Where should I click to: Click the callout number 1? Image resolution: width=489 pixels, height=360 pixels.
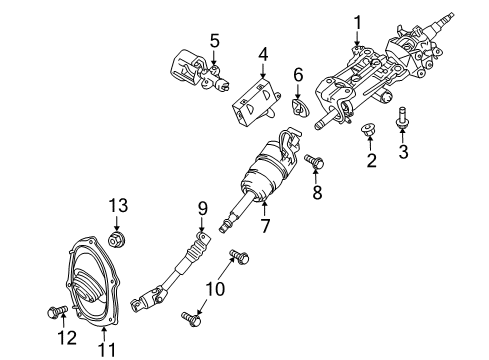click(x=357, y=23)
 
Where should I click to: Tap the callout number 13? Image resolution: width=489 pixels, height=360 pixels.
click(x=118, y=205)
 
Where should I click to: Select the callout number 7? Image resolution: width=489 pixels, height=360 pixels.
click(x=265, y=226)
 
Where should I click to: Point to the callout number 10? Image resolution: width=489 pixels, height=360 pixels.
click(x=215, y=289)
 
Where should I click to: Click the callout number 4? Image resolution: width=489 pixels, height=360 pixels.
click(x=263, y=54)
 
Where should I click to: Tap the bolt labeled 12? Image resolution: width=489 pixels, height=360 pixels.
click(x=57, y=312)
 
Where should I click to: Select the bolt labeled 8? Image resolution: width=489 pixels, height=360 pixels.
click(x=314, y=162)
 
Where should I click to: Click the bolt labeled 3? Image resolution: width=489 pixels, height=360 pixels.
click(x=402, y=117)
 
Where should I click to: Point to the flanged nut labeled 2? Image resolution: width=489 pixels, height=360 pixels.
click(x=369, y=130)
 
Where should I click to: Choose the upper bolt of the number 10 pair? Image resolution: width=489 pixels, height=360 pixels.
click(x=239, y=256)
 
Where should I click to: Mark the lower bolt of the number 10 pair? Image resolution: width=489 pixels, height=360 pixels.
click(x=192, y=318)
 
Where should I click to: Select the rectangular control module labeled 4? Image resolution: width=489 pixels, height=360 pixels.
click(x=256, y=102)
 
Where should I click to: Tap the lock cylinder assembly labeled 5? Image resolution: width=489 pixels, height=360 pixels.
click(x=199, y=71)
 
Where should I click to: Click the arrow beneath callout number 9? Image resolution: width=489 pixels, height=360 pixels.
click(x=202, y=225)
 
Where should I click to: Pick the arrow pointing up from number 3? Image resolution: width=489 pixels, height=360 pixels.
click(x=402, y=137)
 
